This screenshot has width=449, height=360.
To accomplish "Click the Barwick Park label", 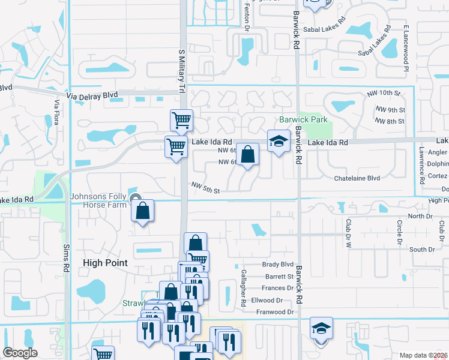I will click(x=304, y=119).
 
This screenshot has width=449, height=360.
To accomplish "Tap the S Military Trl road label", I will click(x=181, y=70).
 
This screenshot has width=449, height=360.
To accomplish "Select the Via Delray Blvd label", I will click(x=92, y=95).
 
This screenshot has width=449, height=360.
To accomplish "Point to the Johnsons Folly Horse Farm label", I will click(x=99, y=200).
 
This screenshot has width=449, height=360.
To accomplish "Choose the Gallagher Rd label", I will click(x=244, y=296).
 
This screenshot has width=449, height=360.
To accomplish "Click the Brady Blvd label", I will click(x=278, y=264).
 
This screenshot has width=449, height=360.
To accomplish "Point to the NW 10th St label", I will click(x=384, y=94).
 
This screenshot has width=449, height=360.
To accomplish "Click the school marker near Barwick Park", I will click(x=278, y=142).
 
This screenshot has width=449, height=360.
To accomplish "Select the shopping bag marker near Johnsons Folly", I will click(x=143, y=212).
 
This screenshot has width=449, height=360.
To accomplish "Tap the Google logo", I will click(x=20, y=353).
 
